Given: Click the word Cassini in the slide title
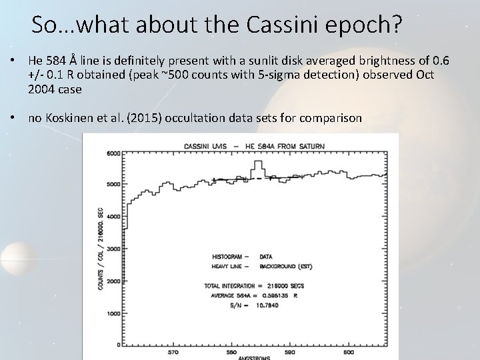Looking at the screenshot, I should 281,25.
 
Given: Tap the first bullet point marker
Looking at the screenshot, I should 15,61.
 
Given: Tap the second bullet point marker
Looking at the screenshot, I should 15,118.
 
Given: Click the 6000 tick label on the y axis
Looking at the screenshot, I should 113,153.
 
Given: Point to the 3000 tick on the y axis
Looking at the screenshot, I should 113,249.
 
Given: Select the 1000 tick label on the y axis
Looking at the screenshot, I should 113,313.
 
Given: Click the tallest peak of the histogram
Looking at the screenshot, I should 257,163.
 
